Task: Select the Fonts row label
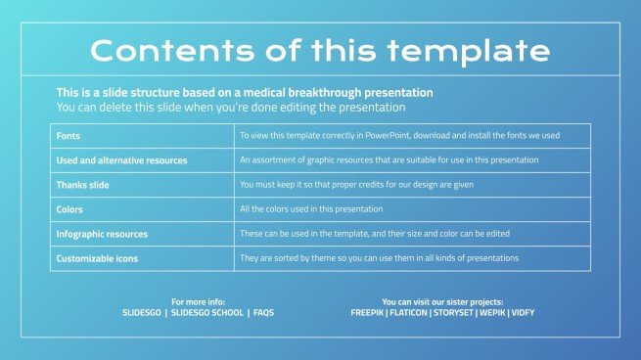[x=69, y=136]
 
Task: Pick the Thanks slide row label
[x=84, y=185]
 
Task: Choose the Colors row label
[x=70, y=209]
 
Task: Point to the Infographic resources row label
[x=103, y=234]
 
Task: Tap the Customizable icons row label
[x=98, y=258]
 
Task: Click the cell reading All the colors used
[x=311, y=209]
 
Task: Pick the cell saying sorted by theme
[x=379, y=258]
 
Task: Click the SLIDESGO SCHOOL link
[x=206, y=313]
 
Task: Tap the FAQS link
[x=263, y=313]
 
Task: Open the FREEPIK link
[x=369, y=313]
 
